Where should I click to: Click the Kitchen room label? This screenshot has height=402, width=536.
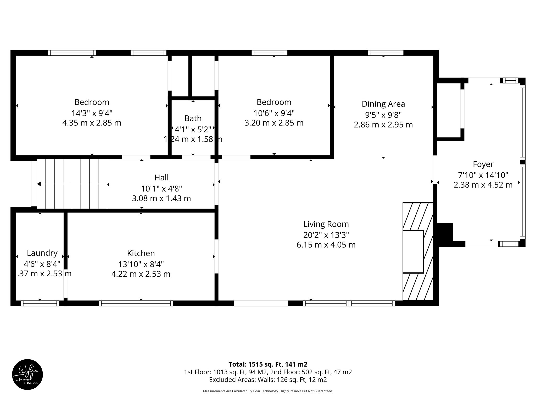coord(141,253)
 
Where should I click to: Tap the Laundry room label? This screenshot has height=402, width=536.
coord(42,253)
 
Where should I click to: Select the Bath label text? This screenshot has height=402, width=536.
coord(193,118)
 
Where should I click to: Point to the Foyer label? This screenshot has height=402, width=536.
coord(483,164)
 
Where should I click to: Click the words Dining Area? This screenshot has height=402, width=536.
coord(383,104)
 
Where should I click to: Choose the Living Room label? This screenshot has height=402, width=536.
coord(326,224)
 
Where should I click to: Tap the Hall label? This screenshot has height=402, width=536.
coord(161,177)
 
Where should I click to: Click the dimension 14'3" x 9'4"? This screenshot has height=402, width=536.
coord(92,113)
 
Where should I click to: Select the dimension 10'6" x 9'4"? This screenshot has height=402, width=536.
coord(274,113)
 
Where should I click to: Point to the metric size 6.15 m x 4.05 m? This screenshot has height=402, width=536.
coord(326,245)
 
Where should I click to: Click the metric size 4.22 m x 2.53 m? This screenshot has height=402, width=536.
coord(141,274)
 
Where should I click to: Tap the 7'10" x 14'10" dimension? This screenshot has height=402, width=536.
coord(483,175)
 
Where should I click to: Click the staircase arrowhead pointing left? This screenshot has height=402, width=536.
coord(39,184)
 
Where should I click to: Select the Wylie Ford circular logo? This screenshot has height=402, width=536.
coord(27,375)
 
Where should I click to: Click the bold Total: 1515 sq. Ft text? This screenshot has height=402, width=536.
coord(268,364)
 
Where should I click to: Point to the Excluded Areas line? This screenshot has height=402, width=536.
coord(268,379)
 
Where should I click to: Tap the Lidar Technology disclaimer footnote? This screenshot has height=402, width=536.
coord(268,391)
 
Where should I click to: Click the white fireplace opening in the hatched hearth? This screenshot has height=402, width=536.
coord(413,252)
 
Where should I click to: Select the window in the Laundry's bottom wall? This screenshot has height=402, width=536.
coord(40,303)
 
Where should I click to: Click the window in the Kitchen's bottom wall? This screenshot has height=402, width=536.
coord(136,303)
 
